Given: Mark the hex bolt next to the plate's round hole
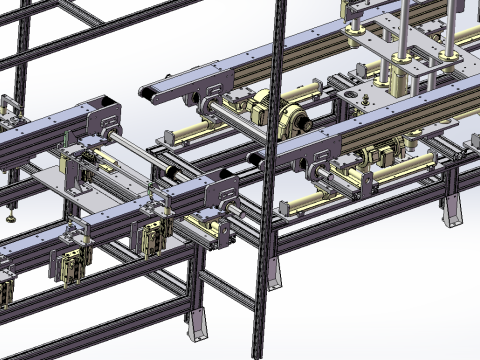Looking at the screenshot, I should pos(346,94).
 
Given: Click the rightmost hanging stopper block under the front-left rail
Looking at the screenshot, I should pos(155,240).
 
